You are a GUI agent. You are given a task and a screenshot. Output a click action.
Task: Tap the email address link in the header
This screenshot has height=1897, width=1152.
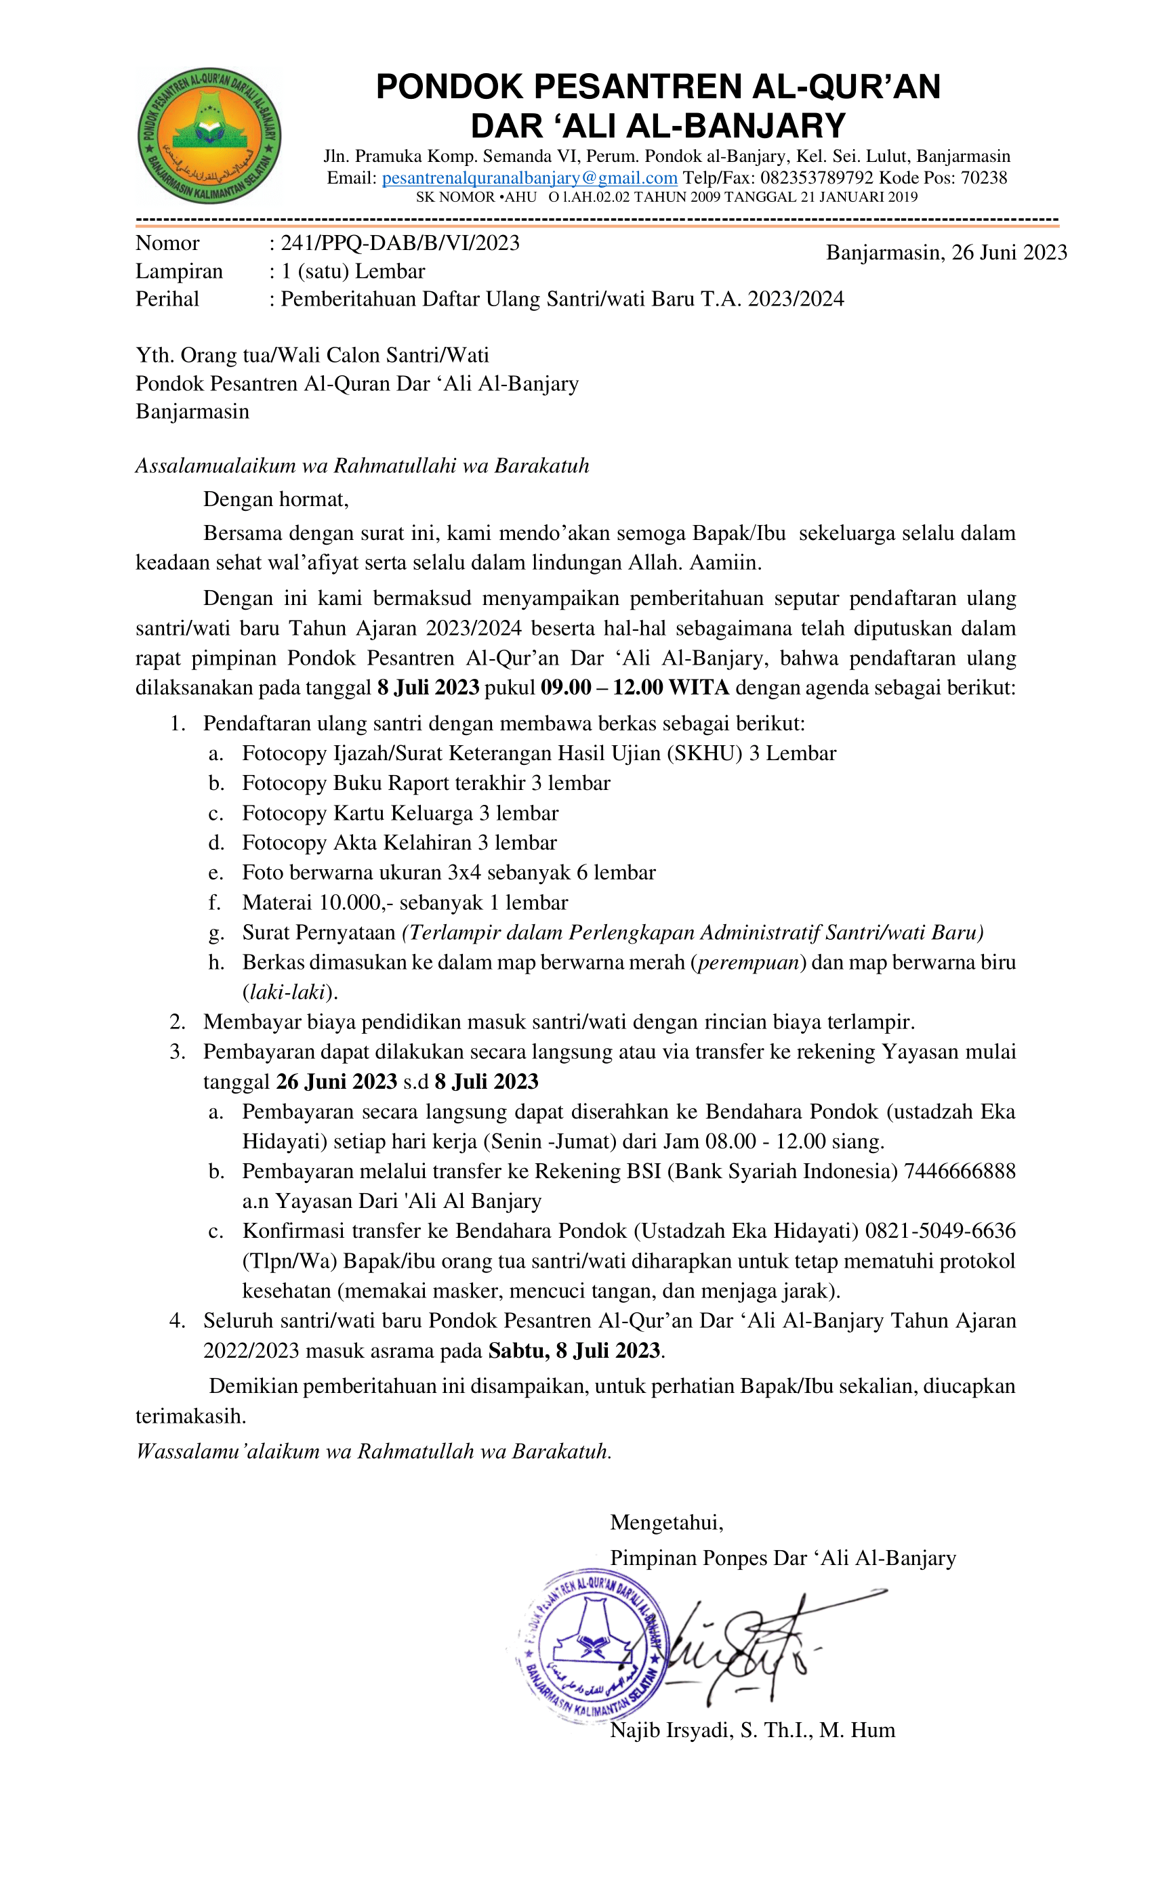529,178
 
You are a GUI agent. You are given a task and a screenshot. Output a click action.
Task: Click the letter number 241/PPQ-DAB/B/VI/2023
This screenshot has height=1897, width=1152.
400,243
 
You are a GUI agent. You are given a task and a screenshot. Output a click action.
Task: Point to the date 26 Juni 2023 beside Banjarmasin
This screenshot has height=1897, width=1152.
1009,253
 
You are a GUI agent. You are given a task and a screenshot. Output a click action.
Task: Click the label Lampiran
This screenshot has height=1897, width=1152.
179,271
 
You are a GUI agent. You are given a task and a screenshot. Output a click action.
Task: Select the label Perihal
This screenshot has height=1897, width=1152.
167,299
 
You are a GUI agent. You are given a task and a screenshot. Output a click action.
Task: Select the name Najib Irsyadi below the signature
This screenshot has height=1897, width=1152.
671,1731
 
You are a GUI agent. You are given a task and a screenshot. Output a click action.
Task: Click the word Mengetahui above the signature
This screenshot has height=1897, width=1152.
666,1522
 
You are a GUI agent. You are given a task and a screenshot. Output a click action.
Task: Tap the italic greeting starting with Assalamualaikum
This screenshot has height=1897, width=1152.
362,466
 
